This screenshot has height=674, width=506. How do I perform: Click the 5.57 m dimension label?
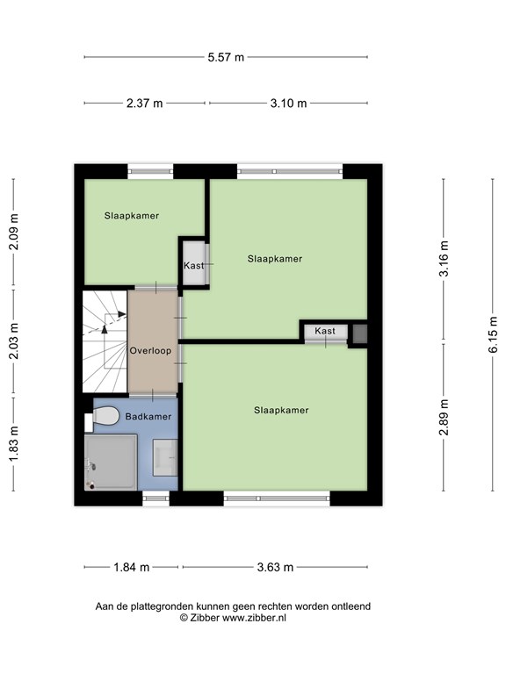(x=226, y=57)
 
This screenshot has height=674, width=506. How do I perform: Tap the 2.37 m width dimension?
(x=145, y=103)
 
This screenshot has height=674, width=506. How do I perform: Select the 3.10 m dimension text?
(x=288, y=103)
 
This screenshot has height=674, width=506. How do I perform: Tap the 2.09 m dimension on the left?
(x=13, y=233)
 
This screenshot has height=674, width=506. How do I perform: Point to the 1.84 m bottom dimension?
(x=132, y=566)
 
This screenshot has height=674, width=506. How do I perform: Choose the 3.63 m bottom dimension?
(x=274, y=566)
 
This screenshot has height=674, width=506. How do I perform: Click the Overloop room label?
(x=149, y=350)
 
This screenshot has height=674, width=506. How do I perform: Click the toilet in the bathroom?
(x=104, y=418)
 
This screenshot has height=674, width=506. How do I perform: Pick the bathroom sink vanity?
(x=165, y=457)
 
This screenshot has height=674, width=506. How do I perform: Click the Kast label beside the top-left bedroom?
(x=193, y=265)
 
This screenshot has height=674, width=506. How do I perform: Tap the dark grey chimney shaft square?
(x=358, y=333)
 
